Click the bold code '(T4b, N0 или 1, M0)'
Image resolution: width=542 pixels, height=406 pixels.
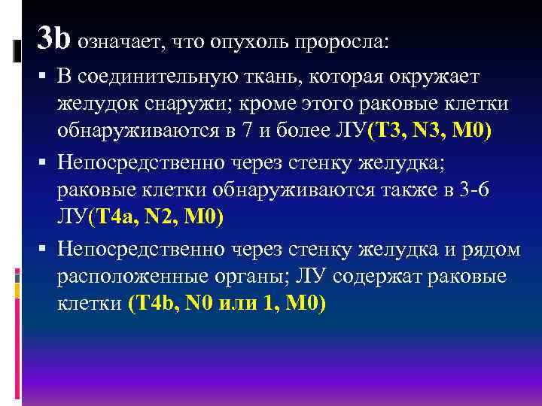tap(227, 307)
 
